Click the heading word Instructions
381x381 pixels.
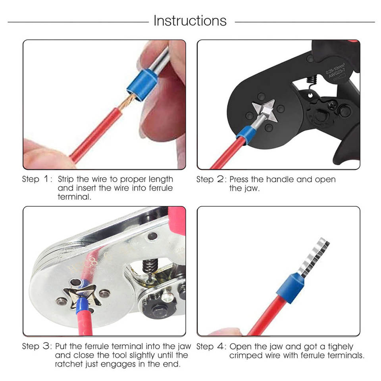click(190, 21)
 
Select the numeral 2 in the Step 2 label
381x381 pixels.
click(220, 179)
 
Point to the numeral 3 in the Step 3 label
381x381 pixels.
click(46, 346)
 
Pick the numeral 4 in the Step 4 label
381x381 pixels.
click(220, 346)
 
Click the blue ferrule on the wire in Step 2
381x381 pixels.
click(245, 135)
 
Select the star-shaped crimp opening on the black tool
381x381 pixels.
click(265, 111)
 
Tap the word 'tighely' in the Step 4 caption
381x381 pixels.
click(341, 347)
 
